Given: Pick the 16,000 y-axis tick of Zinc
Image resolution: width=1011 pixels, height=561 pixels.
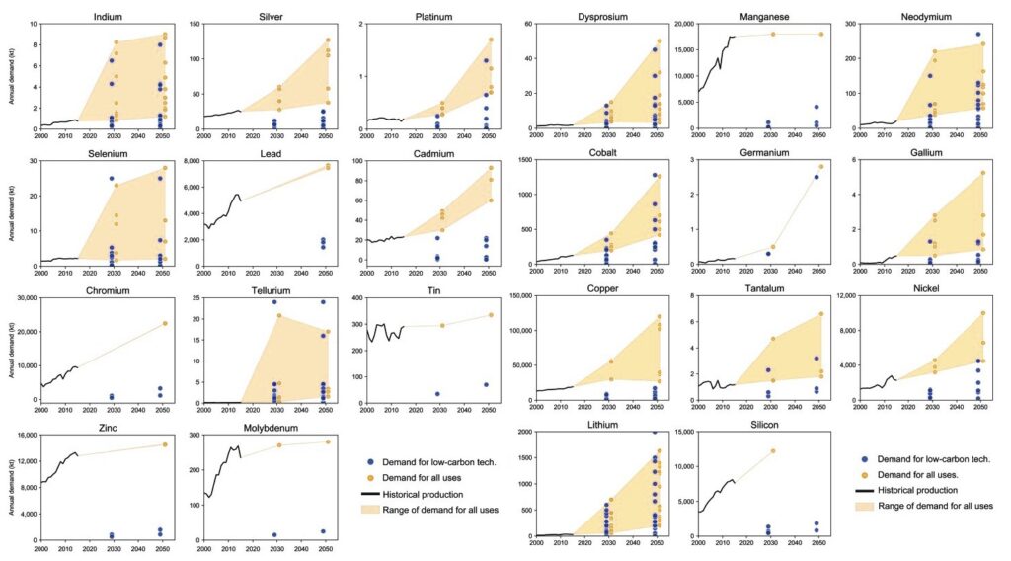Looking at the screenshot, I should click(x=23, y=434).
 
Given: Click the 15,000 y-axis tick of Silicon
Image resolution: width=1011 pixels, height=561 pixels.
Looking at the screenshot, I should click(x=681, y=434).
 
